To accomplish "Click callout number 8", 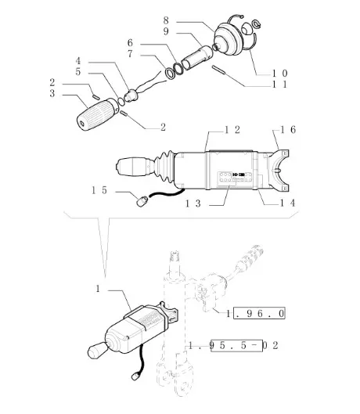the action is [166, 20].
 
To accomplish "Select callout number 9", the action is [166, 31].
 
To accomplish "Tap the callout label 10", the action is [280, 73].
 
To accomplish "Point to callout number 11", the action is [280, 85].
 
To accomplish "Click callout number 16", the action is [288, 130].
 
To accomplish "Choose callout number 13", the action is [193, 203].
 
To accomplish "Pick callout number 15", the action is [99, 190].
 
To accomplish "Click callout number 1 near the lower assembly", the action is [98, 289].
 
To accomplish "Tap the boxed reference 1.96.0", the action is [259, 313].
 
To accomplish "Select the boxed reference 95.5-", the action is [237, 345].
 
